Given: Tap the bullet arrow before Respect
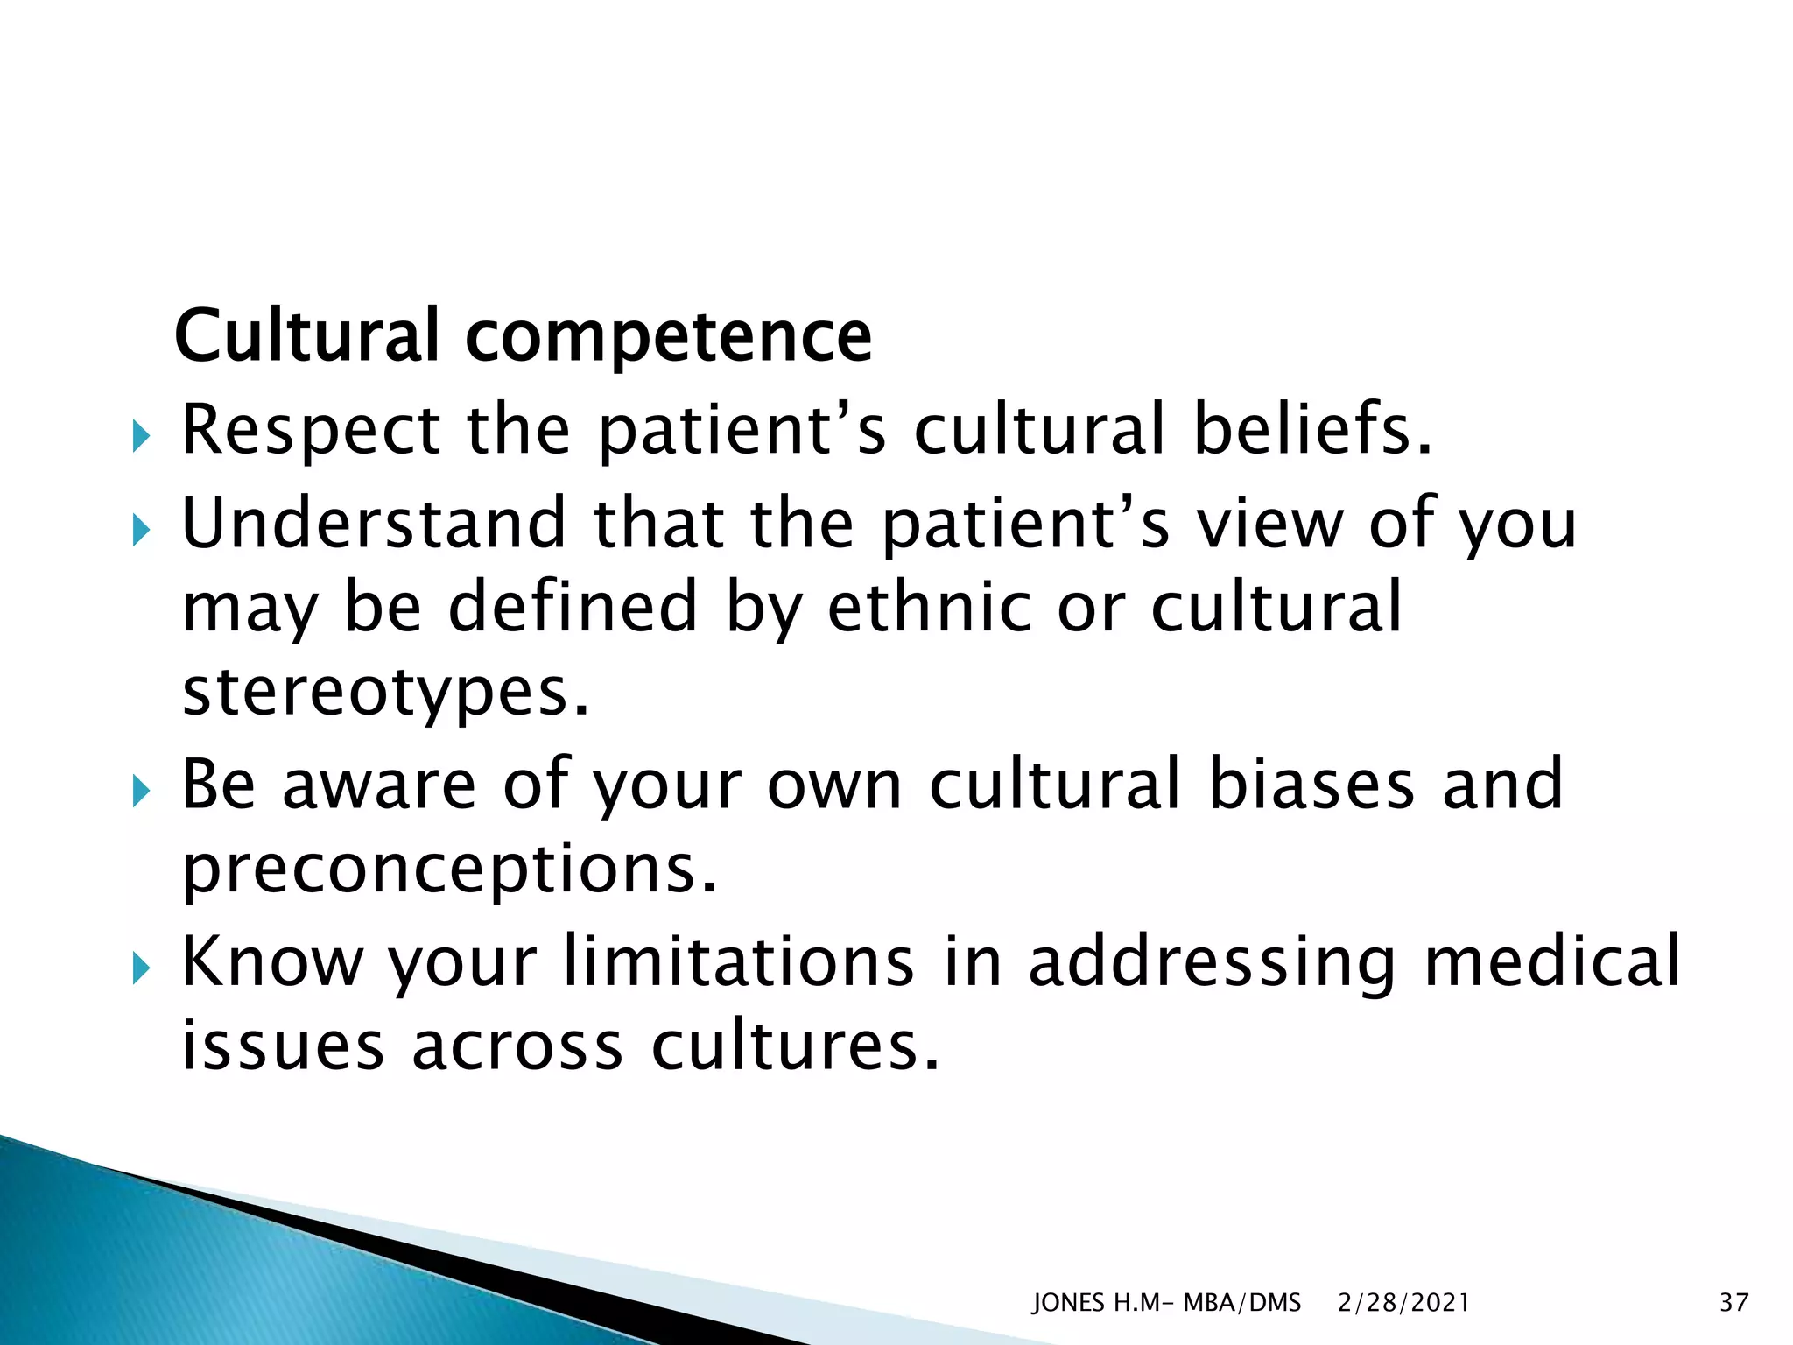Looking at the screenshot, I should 141,435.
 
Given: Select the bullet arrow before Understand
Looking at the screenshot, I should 141,529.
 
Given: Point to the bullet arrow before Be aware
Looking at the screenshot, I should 141,792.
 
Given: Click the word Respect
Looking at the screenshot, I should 311,432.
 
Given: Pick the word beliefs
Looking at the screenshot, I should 1312,430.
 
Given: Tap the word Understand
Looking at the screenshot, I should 374,523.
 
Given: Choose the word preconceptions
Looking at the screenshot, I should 449,870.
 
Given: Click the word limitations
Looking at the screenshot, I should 739,961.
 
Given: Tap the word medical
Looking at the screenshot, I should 1551,961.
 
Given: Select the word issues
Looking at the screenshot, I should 283,1047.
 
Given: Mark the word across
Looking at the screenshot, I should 517,1047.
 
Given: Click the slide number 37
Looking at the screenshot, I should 1733,1303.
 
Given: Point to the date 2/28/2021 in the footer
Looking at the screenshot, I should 1403,1303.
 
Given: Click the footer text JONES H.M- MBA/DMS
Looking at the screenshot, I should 1166,1303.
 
